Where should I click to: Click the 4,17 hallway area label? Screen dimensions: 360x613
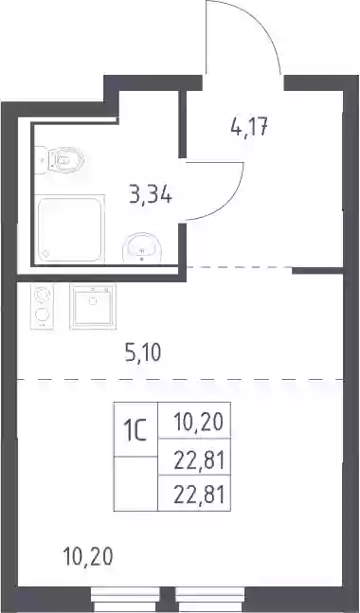249,127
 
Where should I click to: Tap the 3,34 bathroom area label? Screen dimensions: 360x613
151,194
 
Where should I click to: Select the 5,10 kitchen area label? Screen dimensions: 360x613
143,352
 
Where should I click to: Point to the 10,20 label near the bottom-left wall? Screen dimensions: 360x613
88,556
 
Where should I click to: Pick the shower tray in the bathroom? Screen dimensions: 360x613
69,228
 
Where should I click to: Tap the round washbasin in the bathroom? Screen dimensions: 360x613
142,247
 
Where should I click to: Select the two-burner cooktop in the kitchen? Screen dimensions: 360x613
43,306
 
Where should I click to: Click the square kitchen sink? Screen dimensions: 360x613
93,306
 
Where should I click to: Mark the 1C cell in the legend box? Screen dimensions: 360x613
135,429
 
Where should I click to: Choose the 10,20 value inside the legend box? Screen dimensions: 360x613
198,422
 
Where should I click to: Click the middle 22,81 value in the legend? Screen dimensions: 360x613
199,461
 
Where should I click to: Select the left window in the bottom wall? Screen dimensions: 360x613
125,600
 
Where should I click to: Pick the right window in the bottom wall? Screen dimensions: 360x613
209,600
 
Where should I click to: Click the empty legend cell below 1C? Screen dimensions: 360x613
135,483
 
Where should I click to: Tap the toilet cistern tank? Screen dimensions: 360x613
41,160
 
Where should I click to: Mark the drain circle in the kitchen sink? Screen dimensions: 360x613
93,301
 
